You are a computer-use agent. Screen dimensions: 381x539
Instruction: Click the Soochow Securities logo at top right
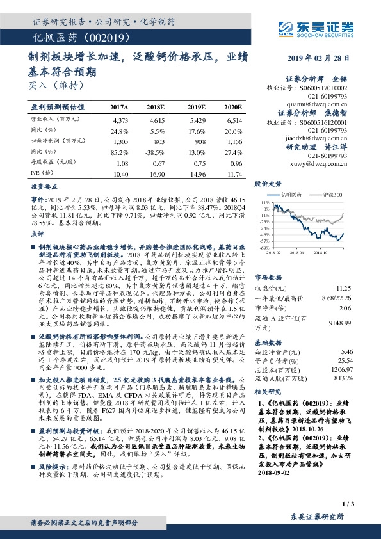point(327,28)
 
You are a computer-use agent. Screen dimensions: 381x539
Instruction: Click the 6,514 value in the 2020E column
point(234,120)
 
